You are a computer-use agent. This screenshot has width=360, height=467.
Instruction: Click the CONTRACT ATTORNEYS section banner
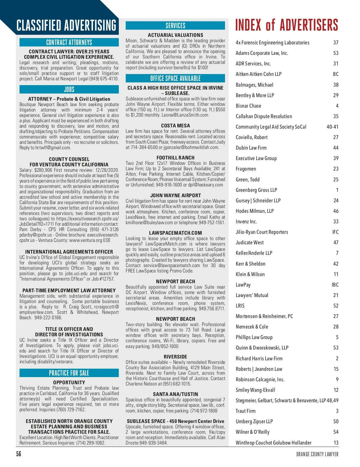(69, 42)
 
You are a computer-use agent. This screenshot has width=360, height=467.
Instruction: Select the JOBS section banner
(69, 90)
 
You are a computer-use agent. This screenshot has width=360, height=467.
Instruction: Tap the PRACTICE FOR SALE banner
(69, 373)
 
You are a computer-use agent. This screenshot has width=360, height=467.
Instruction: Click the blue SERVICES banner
(175, 26)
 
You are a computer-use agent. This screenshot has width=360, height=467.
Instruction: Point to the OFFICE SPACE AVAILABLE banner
(175, 79)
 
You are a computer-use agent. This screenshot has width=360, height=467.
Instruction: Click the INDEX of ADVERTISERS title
(286, 25)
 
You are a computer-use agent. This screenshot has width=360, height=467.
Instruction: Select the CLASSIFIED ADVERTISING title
(66, 26)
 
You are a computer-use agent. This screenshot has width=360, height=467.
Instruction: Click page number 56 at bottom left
(19, 454)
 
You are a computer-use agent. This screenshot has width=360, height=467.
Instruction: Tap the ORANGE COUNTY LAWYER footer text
(317, 454)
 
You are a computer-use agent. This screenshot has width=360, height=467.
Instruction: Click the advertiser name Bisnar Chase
(248, 106)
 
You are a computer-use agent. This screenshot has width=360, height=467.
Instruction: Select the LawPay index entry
(243, 285)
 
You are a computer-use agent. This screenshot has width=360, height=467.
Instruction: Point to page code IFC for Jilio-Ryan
(335, 232)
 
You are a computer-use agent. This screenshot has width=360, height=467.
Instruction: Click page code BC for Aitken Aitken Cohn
(335, 74)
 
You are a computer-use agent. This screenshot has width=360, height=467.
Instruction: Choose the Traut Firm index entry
(245, 411)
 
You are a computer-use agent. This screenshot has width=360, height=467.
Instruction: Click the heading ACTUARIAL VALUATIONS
(175, 35)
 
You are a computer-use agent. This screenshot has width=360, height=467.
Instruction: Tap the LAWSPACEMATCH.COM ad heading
(175, 233)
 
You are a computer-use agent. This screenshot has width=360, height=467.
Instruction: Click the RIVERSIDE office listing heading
(175, 357)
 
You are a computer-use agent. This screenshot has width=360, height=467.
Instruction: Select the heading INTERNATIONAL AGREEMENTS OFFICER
(69, 252)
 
